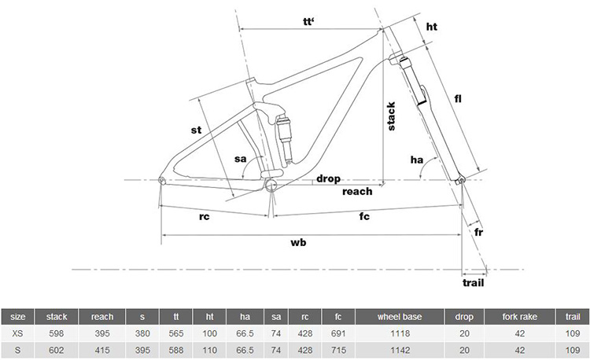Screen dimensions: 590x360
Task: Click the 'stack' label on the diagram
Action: pyautogui.click(x=391, y=116)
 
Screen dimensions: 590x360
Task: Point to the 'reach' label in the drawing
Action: pyautogui.click(x=357, y=192)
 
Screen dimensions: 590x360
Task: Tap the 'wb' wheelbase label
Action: pyautogui.click(x=298, y=242)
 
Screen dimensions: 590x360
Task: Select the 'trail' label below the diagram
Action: pyautogui.click(x=473, y=283)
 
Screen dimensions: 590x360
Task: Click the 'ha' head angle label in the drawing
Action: pyautogui.click(x=416, y=160)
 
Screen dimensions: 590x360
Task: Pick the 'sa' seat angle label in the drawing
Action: pyautogui.click(x=241, y=159)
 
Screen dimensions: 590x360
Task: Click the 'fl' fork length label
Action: pyautogui.click(x=458, y=99)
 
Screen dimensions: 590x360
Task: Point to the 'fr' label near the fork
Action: pyautogui.click(x=478, y=232)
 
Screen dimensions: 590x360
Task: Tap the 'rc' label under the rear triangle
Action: pyautogui.click(x=204, y=217)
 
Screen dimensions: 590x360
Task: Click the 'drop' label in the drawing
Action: pyautogui.click(x=328, y=179)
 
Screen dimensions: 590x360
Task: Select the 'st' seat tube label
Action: pyautogui.click(x=196, y=130)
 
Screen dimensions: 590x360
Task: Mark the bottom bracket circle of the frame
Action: pyautogui.click(x=271, y=184)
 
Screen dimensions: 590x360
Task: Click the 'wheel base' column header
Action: pyautogui.click(x=400, y=317)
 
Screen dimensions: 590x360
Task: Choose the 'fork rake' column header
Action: pyautogui.click(x=520, y=317)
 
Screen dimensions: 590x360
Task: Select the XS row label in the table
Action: pyautogui.click(x=17, y=333)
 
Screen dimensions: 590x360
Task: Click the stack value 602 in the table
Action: pyautogui.click(x=57, y=351)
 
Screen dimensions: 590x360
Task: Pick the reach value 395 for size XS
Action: pyautogui.click(x=102, y=333)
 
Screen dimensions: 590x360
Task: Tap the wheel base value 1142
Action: pyautogui.click(x=400, y=351)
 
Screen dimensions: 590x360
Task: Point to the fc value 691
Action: pyautogui.click(x=338, y=333)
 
